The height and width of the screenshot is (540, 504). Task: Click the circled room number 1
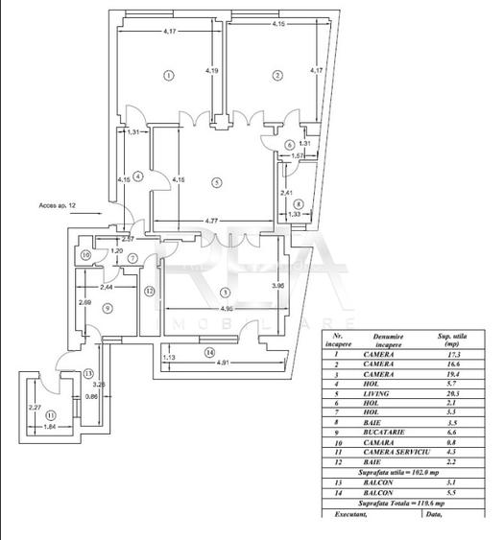168,75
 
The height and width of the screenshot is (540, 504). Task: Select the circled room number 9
107,307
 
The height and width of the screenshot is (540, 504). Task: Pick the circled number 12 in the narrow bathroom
149,290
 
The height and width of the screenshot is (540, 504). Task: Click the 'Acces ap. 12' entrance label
57,205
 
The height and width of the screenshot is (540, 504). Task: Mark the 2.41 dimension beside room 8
285,194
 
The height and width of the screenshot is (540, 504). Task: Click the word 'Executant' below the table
349,514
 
